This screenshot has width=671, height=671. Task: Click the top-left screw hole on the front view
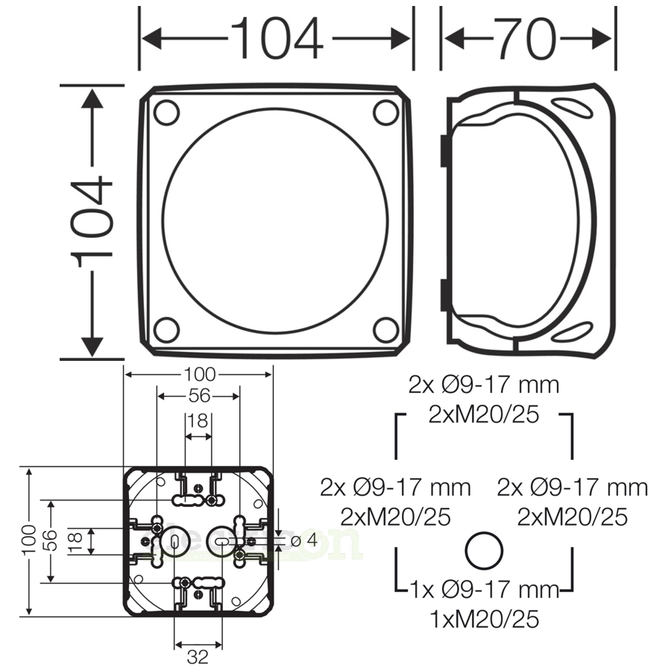(x=166, y=113)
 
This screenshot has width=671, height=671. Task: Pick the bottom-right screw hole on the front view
(x=385, y=329)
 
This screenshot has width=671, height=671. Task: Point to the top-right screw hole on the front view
(x=385, y=113)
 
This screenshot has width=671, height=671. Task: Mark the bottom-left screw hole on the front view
(x=166, y=329)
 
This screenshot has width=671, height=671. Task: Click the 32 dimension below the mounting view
(x=198, y=657)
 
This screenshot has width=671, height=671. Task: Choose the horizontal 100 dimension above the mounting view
(x=198, y=374)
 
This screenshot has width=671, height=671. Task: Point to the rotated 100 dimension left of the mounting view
(x=29, y=541)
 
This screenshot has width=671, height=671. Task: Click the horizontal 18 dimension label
(x=198, y=421)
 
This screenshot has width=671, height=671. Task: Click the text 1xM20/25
(x=484, y=618)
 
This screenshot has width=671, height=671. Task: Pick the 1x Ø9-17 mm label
(x=484, y=590)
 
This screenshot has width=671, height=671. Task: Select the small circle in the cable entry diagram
(x=483, y=552)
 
